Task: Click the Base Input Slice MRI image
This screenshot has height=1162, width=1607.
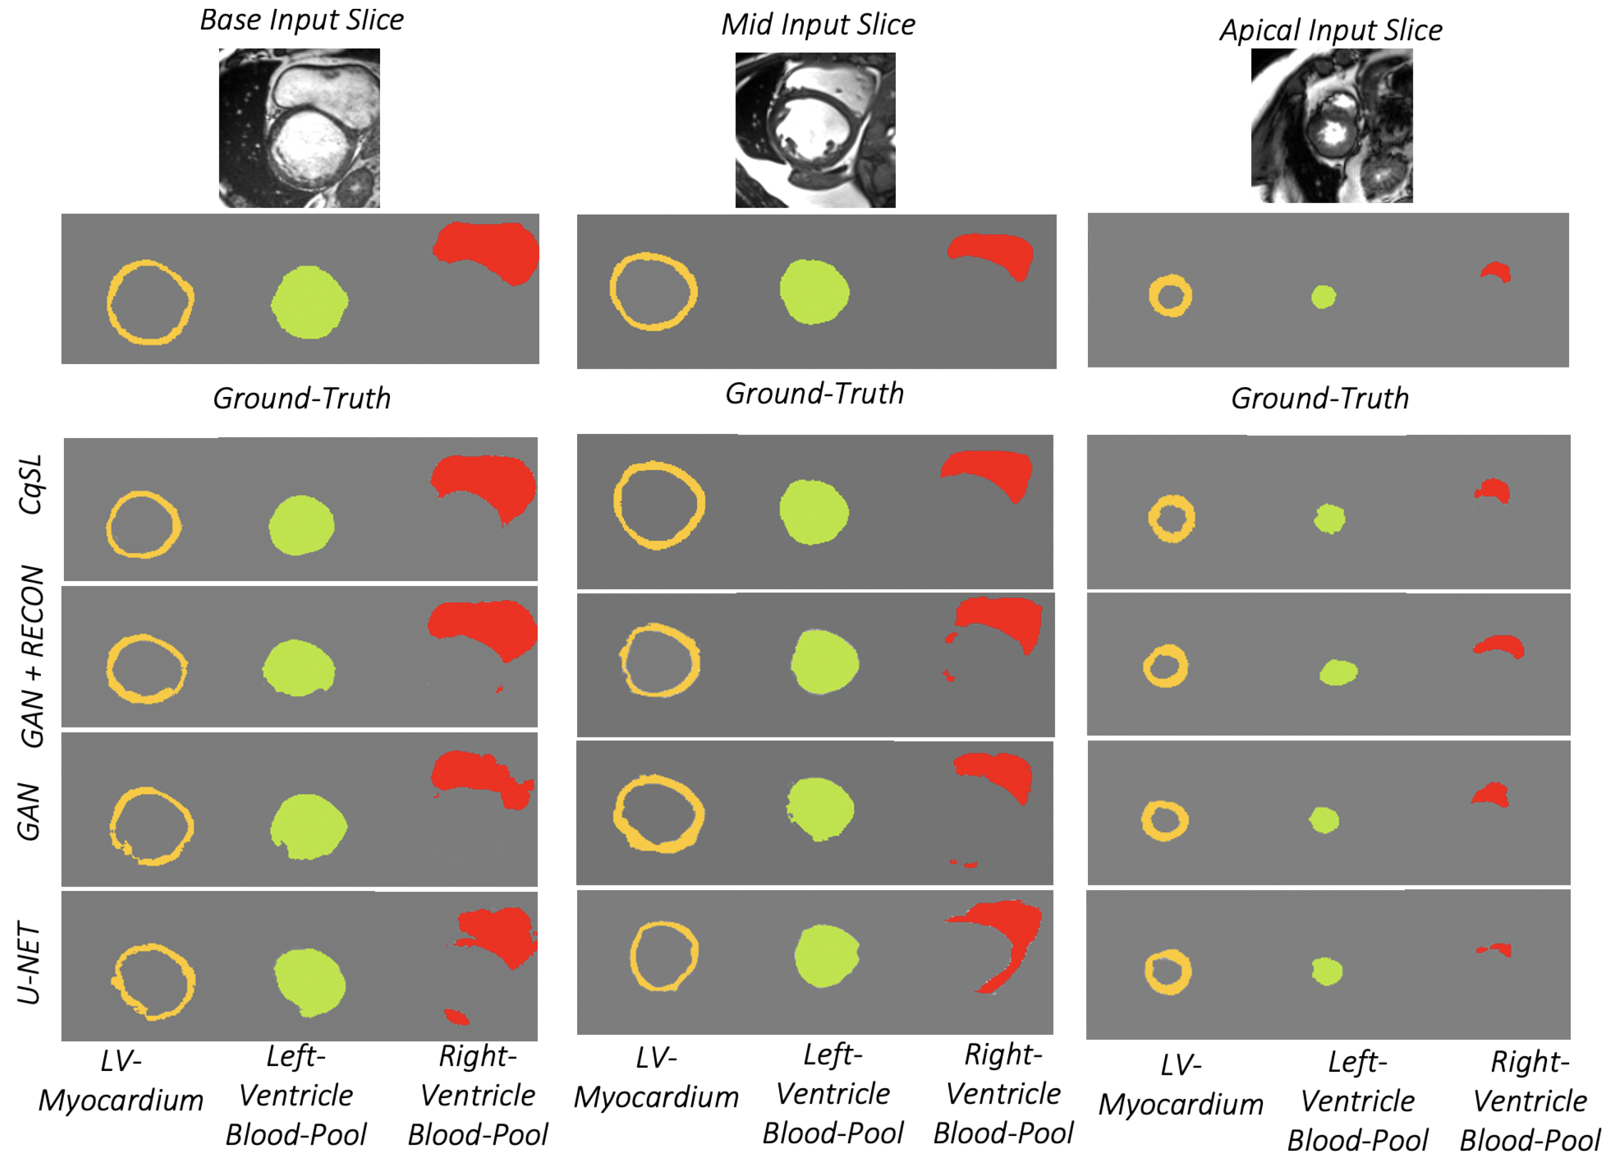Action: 299,128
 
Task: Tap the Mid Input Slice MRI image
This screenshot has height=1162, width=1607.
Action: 815,130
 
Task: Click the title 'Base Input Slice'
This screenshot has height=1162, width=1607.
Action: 302,20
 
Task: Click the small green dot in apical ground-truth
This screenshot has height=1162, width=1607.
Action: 1323,296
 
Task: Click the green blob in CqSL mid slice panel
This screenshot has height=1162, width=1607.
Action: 814,512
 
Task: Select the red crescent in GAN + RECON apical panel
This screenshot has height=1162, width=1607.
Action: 1498,644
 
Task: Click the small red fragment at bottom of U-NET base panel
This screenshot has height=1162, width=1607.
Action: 456,1017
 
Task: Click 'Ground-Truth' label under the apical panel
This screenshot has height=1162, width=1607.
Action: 1319,398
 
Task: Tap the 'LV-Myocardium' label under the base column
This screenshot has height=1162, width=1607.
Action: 121,1080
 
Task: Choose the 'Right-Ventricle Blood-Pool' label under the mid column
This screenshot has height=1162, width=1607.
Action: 1003,1094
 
